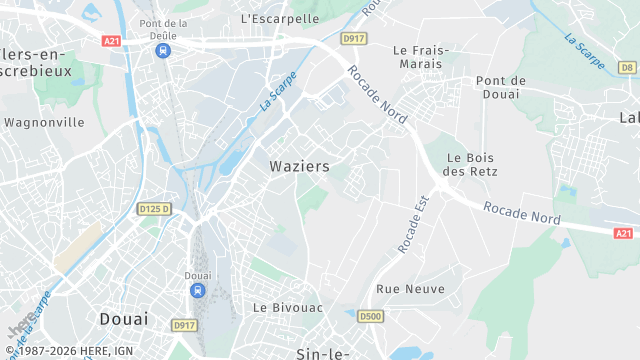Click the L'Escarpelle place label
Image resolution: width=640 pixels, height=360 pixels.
(280, 18)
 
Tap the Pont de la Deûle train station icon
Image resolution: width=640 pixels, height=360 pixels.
(163, 50)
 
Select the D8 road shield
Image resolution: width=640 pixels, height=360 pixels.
(627, 67)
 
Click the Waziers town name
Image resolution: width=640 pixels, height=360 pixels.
(299, 166)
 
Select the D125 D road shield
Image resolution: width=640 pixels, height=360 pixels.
(154, 208)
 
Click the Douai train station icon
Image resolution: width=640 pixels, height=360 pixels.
(198, 290)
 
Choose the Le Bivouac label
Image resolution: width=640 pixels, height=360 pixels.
(287, 308)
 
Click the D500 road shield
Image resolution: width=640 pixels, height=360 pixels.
(370, 317)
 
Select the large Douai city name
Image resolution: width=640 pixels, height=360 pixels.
(124, 319)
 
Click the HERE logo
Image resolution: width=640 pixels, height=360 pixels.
(19, 327)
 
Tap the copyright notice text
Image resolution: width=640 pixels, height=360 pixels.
(71, 352)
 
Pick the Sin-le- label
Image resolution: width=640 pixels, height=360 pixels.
(321, 353)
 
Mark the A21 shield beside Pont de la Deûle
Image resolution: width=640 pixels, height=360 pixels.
(111, 41)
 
